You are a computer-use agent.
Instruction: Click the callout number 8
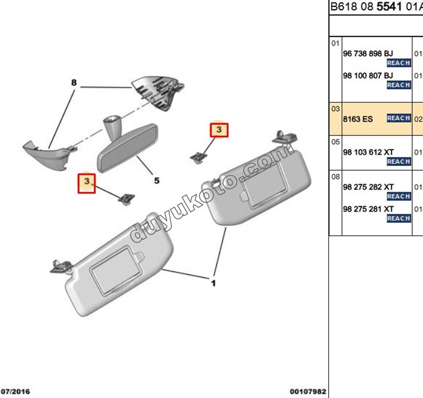[74, 83]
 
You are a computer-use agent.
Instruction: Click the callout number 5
[157, 181]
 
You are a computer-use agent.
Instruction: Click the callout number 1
[213, 283]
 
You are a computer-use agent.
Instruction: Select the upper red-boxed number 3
[219, 130]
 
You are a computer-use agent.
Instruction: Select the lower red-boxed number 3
[87, 181]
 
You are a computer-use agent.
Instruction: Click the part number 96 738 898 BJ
[368, 54]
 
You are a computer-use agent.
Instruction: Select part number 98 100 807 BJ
[368, 75]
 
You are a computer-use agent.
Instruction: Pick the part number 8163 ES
[358, 119]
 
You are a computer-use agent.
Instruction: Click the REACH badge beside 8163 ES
[398, 118]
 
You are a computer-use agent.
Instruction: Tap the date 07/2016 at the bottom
[15, 391]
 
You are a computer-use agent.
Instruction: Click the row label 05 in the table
[335, 142]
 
